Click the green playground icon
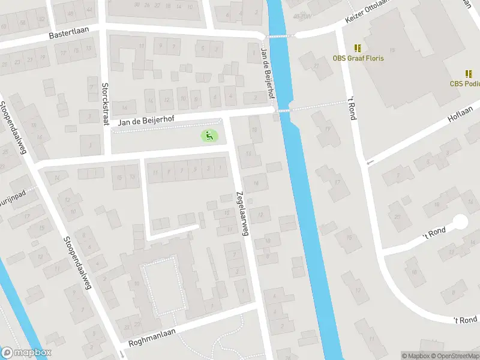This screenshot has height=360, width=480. tap(209, 136)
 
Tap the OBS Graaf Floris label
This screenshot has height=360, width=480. tap(358, 58)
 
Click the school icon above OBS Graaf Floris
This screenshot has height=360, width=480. tap(358, 48)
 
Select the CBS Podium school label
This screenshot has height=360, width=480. tap(465, 84)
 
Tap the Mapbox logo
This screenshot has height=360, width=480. tap(25, 353)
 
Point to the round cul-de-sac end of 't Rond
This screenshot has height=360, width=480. tap(460, 223)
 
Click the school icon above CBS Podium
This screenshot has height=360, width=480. tap(469, 74)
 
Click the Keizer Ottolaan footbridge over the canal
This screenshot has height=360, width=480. tap(280, 36)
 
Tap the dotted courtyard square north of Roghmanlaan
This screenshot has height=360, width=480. tap(159, 285)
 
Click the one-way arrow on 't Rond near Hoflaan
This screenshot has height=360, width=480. tap(370, 162)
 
